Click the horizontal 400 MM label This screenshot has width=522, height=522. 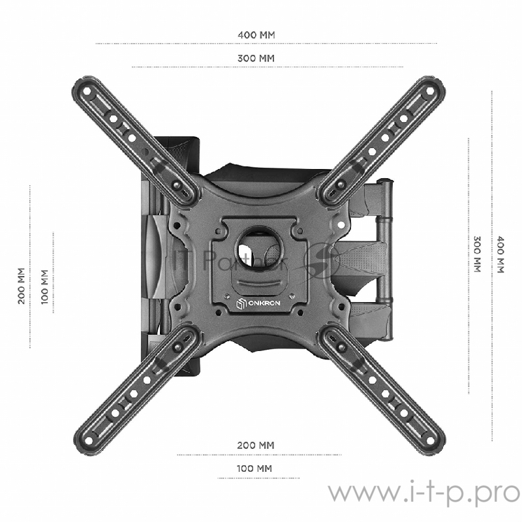(x=255, y=34)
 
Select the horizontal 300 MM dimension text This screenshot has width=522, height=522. (x=255, y=58)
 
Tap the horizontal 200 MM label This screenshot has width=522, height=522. (x=255, y=445)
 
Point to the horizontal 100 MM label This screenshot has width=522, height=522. (x=254, y=468)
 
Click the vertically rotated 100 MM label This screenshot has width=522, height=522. (x=44, y=286)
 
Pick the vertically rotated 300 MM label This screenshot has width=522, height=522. (x=477, y=254)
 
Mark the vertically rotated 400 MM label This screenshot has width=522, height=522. (x=500, y=254)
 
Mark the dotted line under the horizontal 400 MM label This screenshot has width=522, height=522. (x=266, y=44)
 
